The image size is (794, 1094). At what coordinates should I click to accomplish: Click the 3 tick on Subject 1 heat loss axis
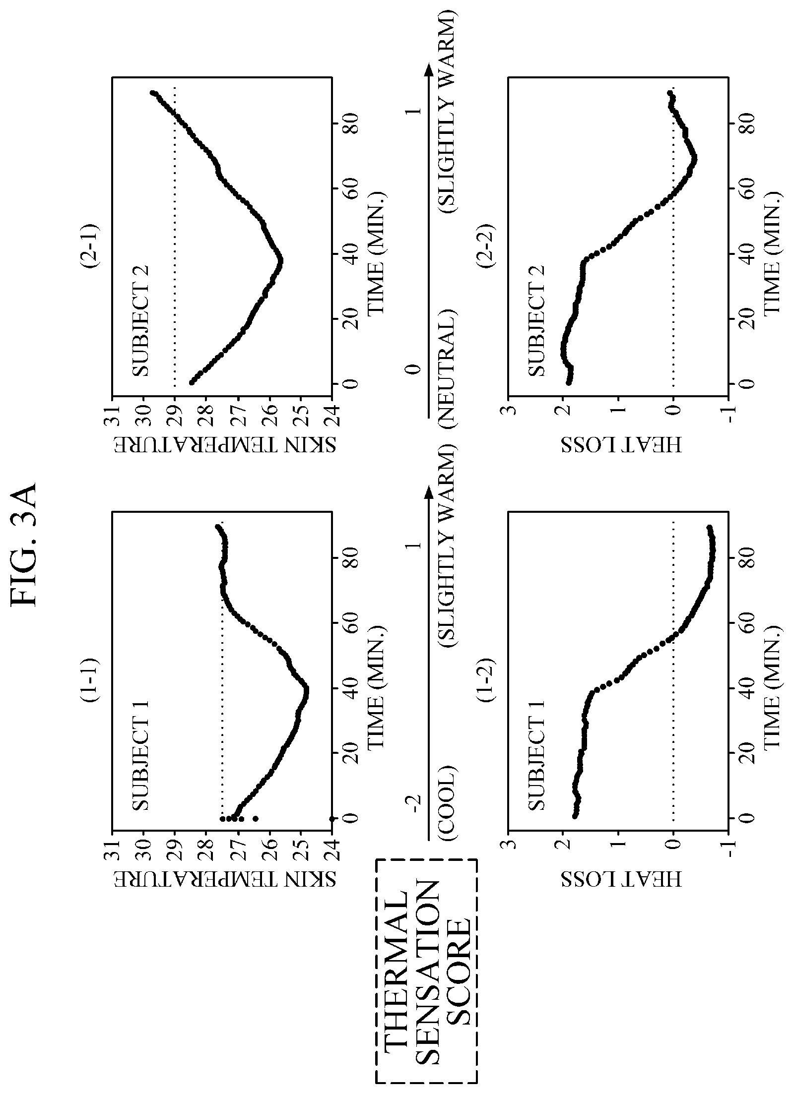pyautogui.click(x=508, y=843)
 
